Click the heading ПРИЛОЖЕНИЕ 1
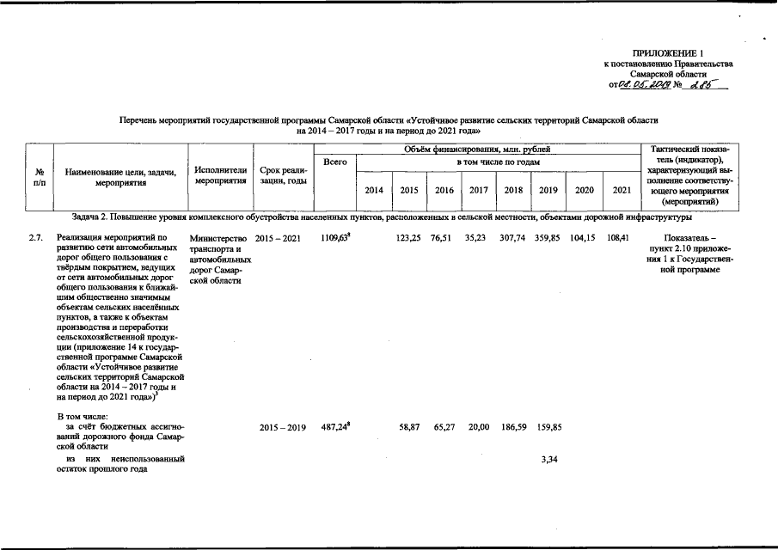click(x=673, y=54)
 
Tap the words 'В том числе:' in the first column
click(x=82, y=415)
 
